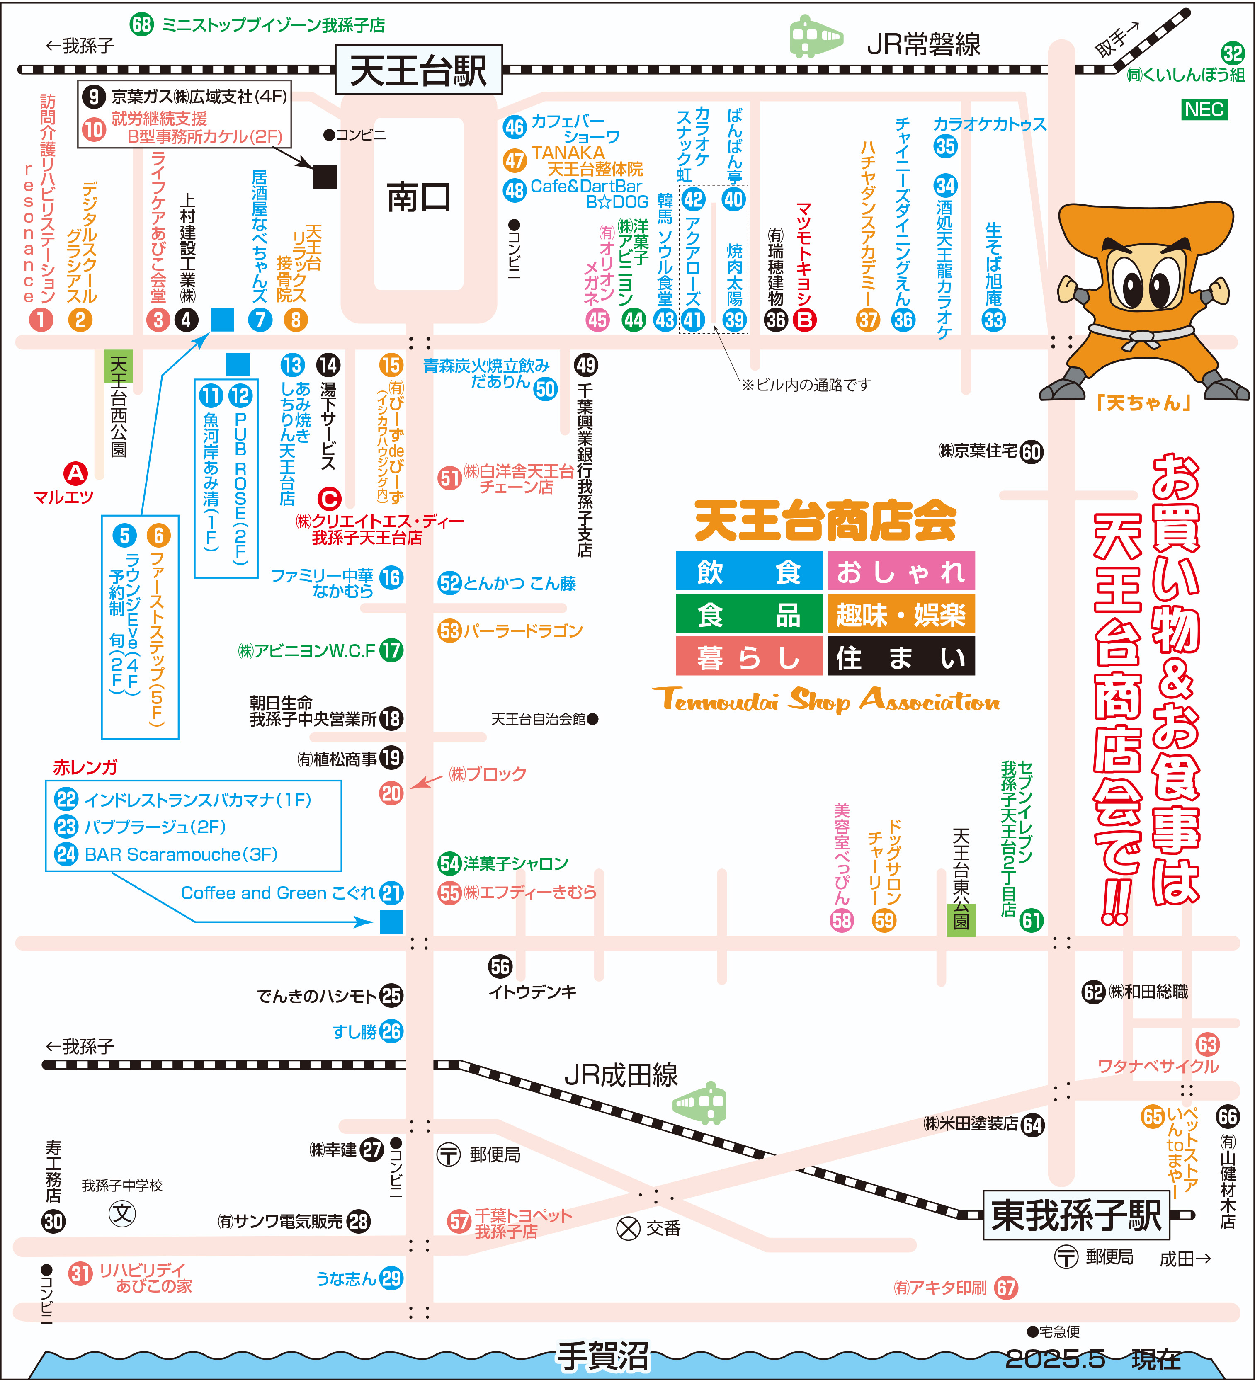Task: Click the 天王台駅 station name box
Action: (418, 70)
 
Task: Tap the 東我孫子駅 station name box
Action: (1076, 1214)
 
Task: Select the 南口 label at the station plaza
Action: (418, 198)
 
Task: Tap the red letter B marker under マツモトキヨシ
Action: (804, 320)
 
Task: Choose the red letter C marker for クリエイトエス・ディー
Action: (329, 498)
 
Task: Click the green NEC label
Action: (1204, 109)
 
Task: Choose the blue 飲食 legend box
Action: (749, 571)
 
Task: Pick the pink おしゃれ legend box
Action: (901, 571)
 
